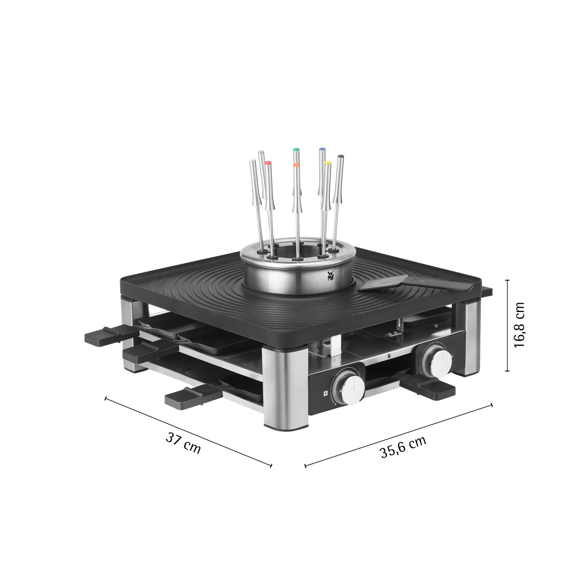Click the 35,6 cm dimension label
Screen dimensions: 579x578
pos(403,447)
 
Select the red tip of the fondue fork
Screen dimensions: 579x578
pos(268,163)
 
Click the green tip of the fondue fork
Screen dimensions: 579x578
pos(296,149)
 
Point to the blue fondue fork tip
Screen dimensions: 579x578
pos(322,149)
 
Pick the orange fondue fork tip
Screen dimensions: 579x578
pos(296,165)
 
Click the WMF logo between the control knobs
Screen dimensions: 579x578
pos(389,356)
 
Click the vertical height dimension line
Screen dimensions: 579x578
pos(507,325)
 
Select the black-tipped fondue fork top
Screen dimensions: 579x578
pos(340,157)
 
